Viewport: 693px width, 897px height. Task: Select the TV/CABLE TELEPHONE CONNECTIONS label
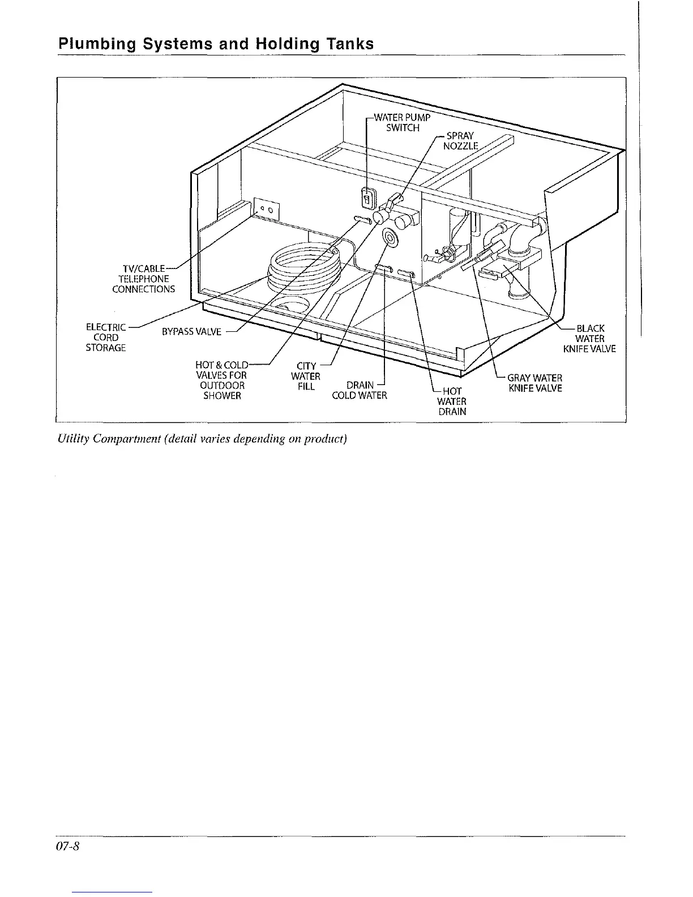[143, 279]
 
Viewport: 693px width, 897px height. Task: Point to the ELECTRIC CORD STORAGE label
[106, 338]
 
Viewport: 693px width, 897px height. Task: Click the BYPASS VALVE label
[191, 332]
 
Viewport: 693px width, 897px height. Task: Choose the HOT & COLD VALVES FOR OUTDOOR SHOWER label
[223, 380]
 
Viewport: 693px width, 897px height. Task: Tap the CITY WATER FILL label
[306, 376]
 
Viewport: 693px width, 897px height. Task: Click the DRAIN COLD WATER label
[360, 391]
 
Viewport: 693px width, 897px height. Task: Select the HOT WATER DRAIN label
[452, 401]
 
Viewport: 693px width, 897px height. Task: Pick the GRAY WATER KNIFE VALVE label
[535, 383]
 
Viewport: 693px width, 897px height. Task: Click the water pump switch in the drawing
[366, 199]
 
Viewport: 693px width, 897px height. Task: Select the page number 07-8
[70, 847]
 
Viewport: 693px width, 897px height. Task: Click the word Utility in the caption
[70, 439]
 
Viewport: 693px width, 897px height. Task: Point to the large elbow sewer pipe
[524, 241]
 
